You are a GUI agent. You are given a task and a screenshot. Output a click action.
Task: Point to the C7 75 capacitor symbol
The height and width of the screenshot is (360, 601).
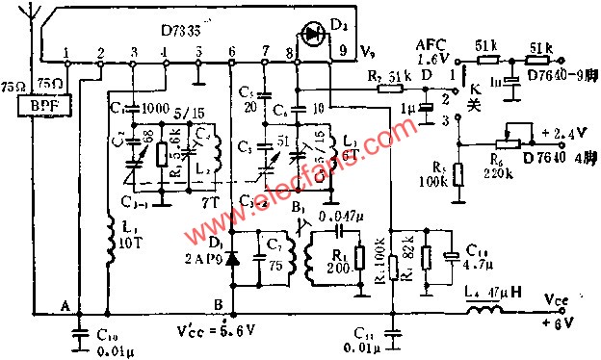258,257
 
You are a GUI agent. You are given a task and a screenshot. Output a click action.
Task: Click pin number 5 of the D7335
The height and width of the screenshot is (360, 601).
197,51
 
